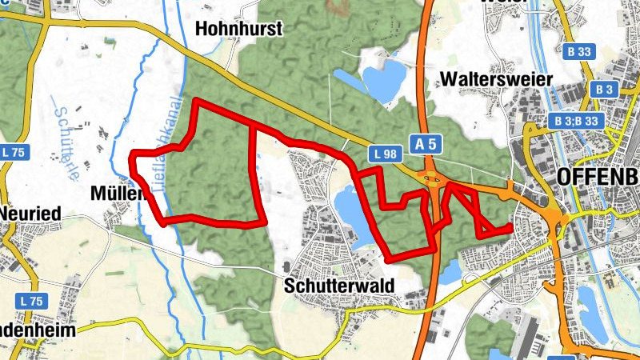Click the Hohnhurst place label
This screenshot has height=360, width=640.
click(239, 30)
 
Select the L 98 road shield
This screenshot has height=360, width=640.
click(386, 152)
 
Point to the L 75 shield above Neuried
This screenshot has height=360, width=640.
click(14, 152)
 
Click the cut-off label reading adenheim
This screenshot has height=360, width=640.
click(29, 331)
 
